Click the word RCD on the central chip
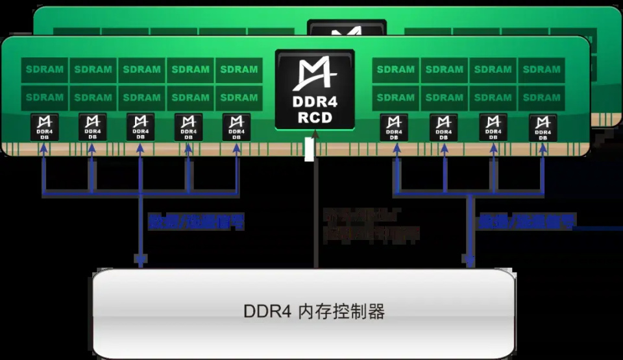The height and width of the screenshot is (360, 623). coord(315,117)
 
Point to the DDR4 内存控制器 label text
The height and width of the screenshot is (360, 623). coord(314,311)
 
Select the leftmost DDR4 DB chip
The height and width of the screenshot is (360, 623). coord(44,127)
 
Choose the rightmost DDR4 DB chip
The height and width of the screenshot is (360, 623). coord(543,128)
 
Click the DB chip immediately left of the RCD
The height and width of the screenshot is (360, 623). coord(236,127)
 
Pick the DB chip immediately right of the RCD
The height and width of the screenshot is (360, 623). coord(394,128)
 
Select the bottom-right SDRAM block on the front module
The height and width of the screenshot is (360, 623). coord(542,98)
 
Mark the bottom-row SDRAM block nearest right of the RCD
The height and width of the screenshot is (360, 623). coord(396,98)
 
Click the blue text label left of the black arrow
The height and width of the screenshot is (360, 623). coord(197,222)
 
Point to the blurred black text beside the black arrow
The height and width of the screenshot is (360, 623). coord(370,224)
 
